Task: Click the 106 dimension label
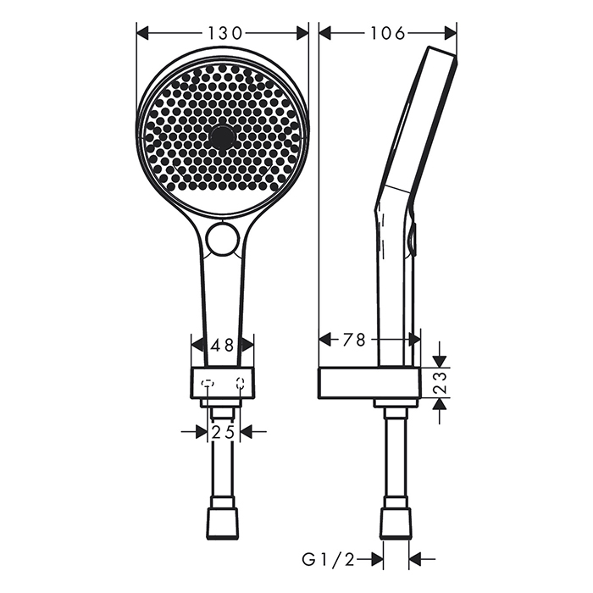tap(388, 33)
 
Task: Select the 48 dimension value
tap(223, 345)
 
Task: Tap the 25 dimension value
tap(224, 432)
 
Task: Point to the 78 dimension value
tap(354, 340)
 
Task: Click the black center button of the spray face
tap(223, 136)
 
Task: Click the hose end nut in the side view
tap(396, 523)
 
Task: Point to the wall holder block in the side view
tap(369, 383)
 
